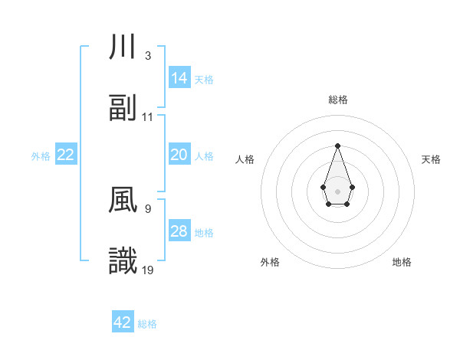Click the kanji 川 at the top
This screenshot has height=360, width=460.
[x=123, y=47]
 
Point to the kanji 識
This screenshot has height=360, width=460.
[x=123, y=262]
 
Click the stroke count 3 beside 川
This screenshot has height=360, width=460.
[x=148, y=55]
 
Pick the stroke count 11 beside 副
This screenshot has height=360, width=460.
[x=148, y=116]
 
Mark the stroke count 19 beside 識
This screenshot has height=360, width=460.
[x=148, y=270]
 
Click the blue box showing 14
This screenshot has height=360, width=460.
[x=179, y=77]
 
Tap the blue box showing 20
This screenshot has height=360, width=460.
[x=179, y=155]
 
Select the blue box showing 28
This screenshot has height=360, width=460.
[x=179, y=231]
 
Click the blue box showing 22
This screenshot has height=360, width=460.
[x=66, y=155]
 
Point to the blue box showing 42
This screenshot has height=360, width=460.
[x=123, y=322]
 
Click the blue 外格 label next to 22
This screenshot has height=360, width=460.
[x=41, y=156]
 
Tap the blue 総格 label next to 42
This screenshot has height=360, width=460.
[x=147, y=324]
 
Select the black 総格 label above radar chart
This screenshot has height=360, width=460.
[x=337, y=100]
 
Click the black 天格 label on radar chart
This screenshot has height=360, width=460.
[x=432, y=159]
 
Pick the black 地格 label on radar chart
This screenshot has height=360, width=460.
[x=402, y=262]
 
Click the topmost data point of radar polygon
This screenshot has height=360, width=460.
[x=337, y=146]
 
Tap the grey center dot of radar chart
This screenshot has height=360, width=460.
[x=337, y=191]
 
